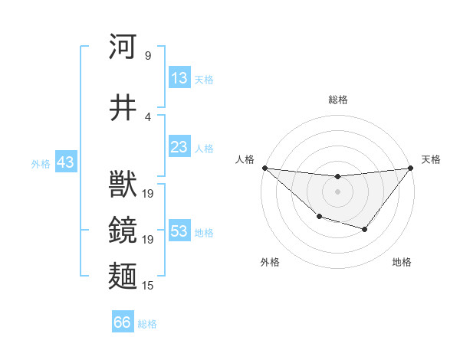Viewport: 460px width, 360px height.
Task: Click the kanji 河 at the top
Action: tap(123, 47)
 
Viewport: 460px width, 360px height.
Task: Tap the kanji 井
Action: tap(123, 108)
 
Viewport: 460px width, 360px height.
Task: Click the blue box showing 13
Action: tap(179, 78)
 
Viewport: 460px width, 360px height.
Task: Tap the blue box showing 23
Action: tap(179, 147)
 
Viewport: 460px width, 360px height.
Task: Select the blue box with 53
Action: tap(179, 231)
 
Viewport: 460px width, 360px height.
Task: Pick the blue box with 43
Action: tap(65, 162)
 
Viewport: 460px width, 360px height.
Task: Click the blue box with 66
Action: tap(123, 322)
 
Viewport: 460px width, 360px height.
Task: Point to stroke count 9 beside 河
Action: tap(147, 55)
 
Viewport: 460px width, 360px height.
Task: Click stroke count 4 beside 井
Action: tap(147, 116)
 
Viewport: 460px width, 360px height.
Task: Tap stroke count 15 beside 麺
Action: tap(148, 285)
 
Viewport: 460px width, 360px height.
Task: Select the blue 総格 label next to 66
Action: tap(147, 324)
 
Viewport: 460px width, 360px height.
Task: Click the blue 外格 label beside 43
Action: tap(41, 164)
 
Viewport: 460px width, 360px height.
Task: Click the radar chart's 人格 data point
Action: tap(264, 168)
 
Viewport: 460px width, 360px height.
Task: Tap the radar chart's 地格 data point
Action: tap(365, 229)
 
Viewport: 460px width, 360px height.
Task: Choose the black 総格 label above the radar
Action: tap(337, 100)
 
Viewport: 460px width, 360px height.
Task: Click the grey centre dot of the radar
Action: tap(337, 191)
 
